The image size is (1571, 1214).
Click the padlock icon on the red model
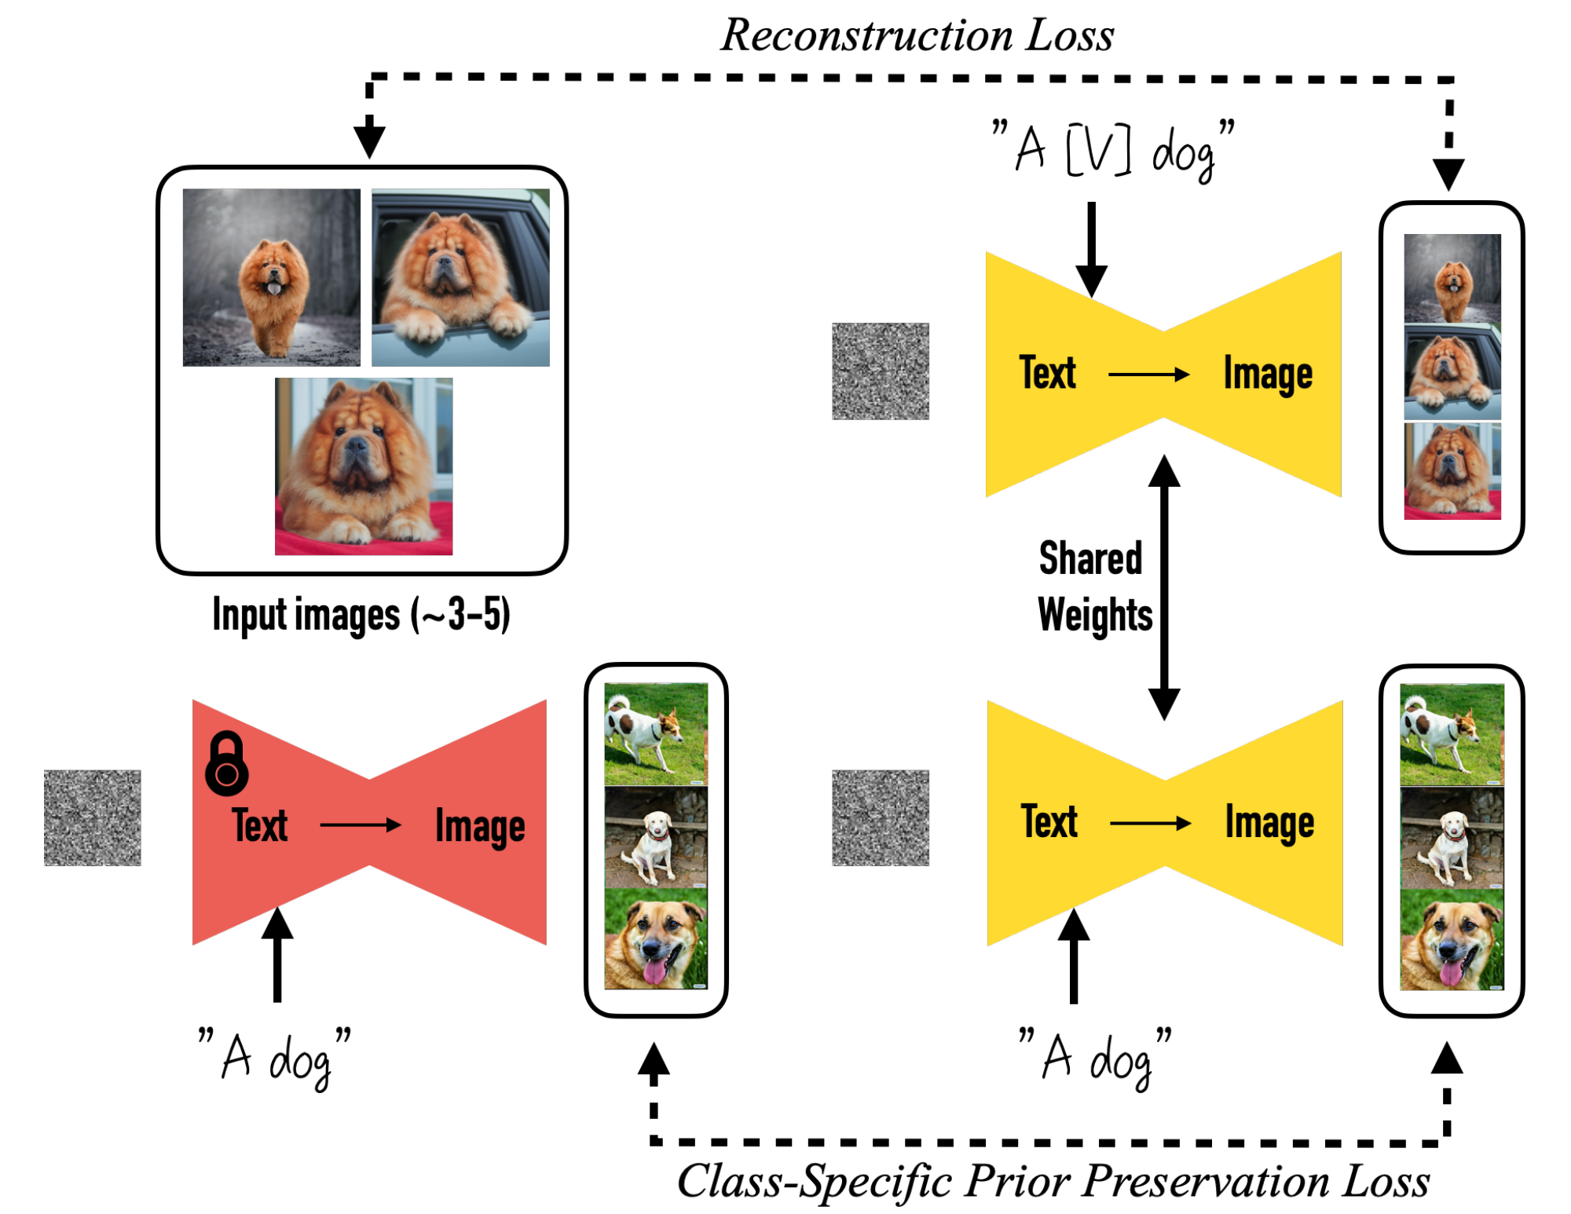(226, 763)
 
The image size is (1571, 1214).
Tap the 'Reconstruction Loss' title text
(917, 35)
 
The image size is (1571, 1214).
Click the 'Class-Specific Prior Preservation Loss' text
(1053, 1180)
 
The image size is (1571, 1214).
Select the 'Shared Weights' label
(1093, 586)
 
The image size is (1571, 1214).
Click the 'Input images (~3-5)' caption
(361, 614)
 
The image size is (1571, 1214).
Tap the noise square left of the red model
(93, 817)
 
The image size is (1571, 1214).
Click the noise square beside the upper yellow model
(880, 371)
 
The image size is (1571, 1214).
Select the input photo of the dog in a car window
(460, 277)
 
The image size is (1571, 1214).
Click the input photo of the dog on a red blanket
(363, 466)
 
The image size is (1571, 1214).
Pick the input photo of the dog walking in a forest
(271, 277)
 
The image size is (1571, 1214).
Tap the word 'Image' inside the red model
(480, 826)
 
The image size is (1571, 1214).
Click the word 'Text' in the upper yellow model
(1047, 372)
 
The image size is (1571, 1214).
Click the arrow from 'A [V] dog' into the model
(1091, 247)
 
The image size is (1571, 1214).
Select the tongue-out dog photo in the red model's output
(656, 938)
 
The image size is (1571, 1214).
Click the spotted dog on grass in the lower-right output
(1452, 734)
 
